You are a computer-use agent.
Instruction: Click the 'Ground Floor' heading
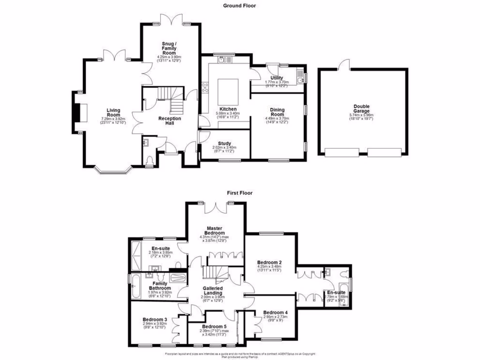point(240,6)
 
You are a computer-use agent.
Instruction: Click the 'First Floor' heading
point(240,193)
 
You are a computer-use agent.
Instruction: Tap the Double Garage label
point(361,109)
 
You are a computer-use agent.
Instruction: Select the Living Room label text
point(113,112)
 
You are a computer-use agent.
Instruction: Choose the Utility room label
point(277,78)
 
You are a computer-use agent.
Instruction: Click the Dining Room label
point(277,112)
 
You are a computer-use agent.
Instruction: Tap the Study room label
point(223,144)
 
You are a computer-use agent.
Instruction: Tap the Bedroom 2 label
point(270,262)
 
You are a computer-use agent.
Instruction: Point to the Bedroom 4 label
point(275,313)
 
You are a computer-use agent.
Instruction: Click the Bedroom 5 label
point(214,327)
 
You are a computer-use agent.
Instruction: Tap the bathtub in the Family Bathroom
point(135,287)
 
